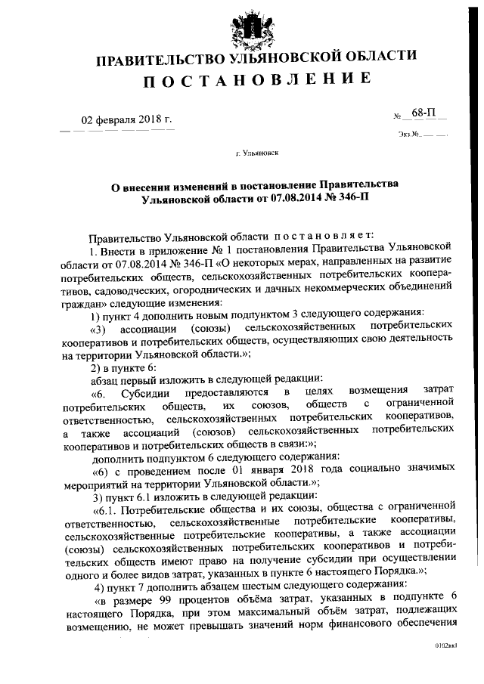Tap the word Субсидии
pos(155,394)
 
